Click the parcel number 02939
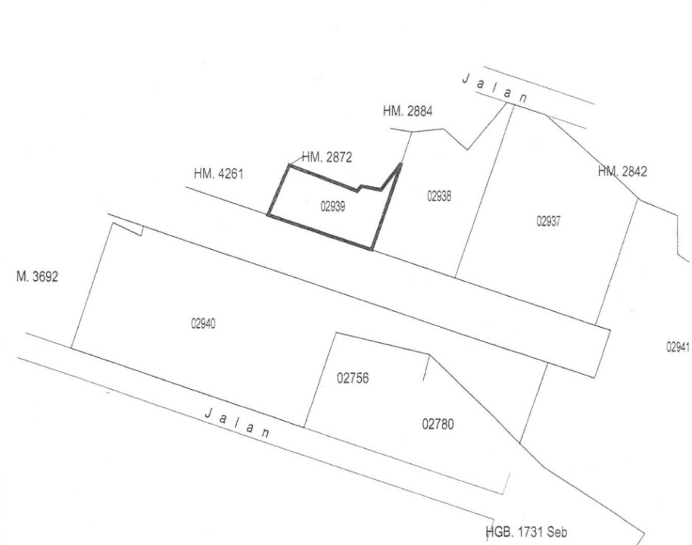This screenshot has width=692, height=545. coord(333,206)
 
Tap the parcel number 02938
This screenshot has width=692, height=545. coord(439,195)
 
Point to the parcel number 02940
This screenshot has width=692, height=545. coord(204,323)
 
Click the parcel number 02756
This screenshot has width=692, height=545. coord(353,378)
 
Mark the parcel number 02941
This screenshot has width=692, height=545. coord(678,346)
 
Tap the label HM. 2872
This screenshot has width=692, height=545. coord(327,157)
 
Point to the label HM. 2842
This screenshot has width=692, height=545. coord(622,172)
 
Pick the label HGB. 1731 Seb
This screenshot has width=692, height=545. coord(528,532)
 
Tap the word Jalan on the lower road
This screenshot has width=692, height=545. coord(237,424)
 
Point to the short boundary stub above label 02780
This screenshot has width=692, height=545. coord(425,369)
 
